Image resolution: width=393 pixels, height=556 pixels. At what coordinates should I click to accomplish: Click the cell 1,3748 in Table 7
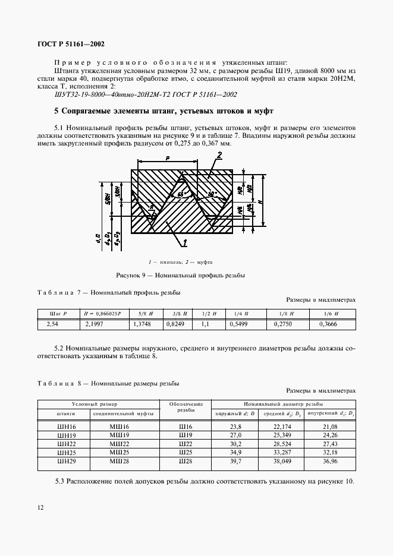(141, 324)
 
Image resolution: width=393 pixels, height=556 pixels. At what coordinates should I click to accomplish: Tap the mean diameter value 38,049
(282, 460)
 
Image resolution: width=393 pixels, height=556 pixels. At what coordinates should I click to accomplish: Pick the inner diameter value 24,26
(331, 435)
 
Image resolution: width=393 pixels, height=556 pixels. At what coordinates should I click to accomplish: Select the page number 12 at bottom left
(40, 507)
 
